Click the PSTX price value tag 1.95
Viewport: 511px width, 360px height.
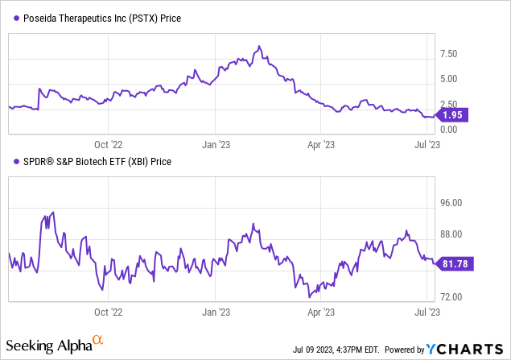coord(456,115)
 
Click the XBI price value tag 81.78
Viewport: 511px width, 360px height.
coord(456,263)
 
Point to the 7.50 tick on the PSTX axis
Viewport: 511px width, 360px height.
coord(450,54)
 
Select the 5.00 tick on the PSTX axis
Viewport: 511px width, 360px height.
coord(450,79)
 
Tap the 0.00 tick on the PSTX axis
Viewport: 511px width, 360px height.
coord(450,130)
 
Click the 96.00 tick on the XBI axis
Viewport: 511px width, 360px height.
coord(452,204)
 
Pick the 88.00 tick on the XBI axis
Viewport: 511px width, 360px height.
coord(452,234)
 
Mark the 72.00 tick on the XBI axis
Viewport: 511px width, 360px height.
coord(452,297)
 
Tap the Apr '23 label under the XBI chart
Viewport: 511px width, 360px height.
coord(322,309)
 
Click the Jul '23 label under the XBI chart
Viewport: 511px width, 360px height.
coord(427,309)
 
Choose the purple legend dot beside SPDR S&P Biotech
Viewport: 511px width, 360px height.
coord(15,162)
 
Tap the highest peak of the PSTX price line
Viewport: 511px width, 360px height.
coord(259,46)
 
